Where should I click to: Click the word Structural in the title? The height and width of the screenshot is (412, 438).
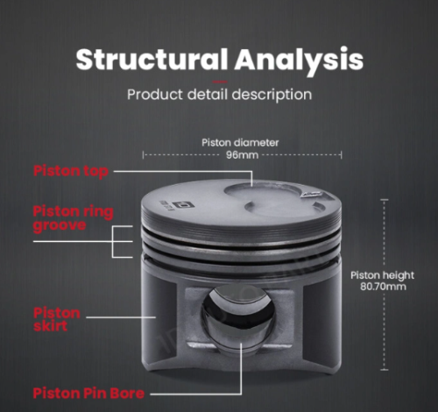pyautogui.click(x=152, y=60)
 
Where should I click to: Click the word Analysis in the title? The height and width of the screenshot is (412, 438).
pyautogui.click(x=299, y=60)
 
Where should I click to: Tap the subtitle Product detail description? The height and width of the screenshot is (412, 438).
pyautogui.click(x=219, y=95)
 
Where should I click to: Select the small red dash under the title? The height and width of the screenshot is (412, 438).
pyautogui.click(x=220, y=82)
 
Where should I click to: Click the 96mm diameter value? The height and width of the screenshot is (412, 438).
pyautogui.click(x=243, y=155)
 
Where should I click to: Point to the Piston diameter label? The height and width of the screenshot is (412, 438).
pyautogui.click(x=240, y=143)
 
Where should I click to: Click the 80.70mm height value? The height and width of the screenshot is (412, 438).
pyautogui.click(x=383, y=287)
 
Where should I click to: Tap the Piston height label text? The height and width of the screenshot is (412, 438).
pyautogui.click(x=382, y=275)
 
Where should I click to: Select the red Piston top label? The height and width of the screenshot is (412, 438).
pyautogui.click(x=71, y=171)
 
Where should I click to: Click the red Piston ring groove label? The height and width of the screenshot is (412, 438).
pyautogui.click(x=73, y=218)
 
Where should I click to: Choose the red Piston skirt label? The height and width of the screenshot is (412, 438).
pyautogui.click(x=57, y=319)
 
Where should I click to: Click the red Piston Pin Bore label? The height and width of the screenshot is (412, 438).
pyautogui.click(x=88, y=393)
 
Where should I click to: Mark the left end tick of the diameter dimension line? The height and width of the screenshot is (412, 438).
pyautogui.click(x=143, y=155)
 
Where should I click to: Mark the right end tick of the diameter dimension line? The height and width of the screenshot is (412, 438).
pyautogui.click(x=341, y=155)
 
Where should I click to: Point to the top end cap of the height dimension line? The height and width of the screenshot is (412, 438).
pyautogui.click(x=385, y=200)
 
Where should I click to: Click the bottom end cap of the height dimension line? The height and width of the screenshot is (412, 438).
pyautogui.click(x=385, y=370)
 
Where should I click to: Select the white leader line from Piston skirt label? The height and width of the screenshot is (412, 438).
pyautogui.click(x=121, y=317)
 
